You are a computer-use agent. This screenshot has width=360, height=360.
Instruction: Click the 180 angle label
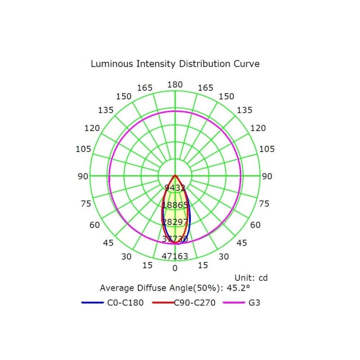(175, 85)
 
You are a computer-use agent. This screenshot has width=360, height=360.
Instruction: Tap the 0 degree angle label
(175, 268)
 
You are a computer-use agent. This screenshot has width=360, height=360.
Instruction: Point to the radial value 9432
(175, 188)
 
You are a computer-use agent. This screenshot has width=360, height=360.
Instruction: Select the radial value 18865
(175, 205)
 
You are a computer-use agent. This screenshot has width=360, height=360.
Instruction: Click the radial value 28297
(175, 222)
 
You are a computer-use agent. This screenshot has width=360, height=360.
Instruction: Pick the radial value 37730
(175, 239)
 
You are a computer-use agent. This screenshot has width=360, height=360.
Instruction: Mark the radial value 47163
(175, 256)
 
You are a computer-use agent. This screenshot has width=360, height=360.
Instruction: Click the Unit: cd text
(251, 278)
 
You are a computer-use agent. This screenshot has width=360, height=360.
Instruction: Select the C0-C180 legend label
(126, 302)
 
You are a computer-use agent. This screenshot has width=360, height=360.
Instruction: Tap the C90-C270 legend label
(195, 302)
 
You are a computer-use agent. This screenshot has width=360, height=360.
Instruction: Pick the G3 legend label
(254, 302)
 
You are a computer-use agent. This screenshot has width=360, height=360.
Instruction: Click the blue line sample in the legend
(93, 303)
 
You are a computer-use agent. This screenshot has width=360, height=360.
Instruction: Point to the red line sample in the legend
(163, 303)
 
